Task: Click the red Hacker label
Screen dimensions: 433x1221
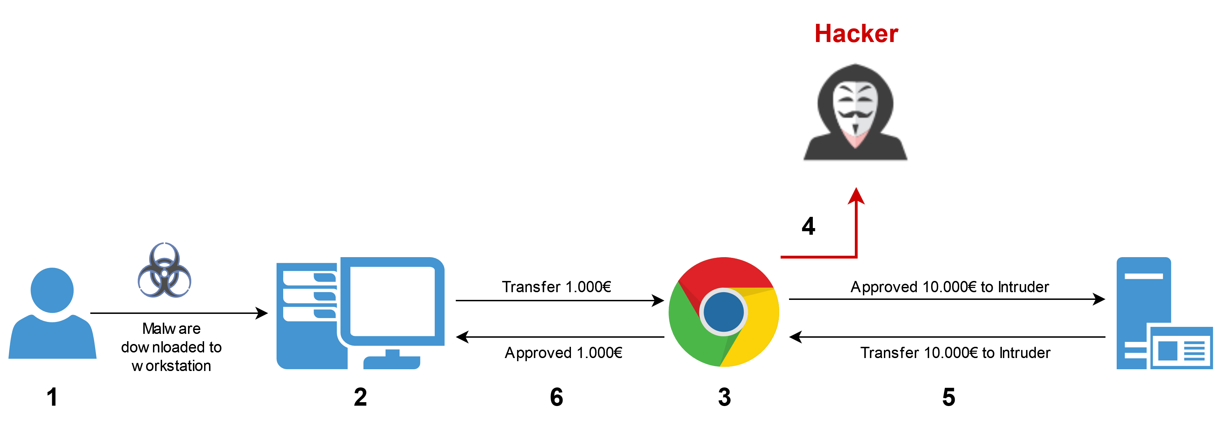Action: (856, 34)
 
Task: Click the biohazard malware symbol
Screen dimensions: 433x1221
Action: (165, 270)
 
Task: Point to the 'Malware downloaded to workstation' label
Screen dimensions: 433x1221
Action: (171, 347)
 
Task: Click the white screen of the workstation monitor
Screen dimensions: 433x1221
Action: (392, 301)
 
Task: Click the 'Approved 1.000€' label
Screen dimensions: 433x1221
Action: (563, 352)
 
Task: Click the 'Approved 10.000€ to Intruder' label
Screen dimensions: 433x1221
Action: (949, 287)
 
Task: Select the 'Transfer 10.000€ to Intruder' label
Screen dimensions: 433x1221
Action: (955, 352)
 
